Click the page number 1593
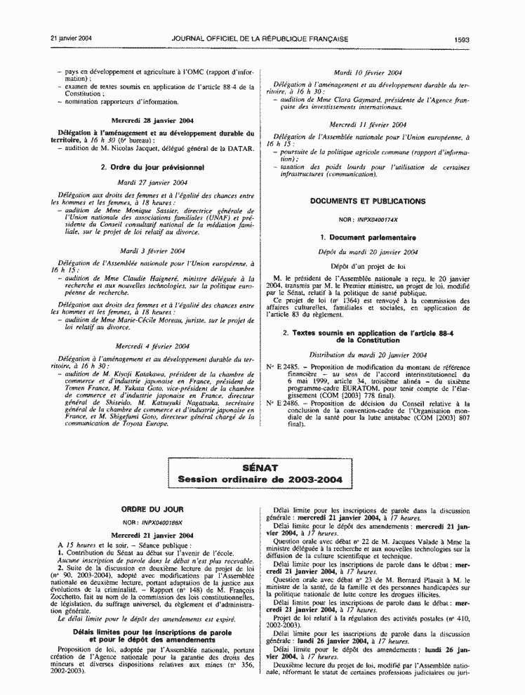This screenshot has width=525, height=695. (x=461, y=39)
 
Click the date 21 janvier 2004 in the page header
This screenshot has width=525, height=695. (x=72, y=39)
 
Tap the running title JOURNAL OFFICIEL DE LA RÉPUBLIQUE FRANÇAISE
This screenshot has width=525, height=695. (x=264, y=39)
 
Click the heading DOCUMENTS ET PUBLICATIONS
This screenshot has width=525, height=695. (x=368, y=201)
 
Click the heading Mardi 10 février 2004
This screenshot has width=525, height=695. (x=368, y=72)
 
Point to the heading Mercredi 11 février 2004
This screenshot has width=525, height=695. (x=368, y=124)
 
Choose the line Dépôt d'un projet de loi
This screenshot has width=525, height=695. (x=368, y=267)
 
